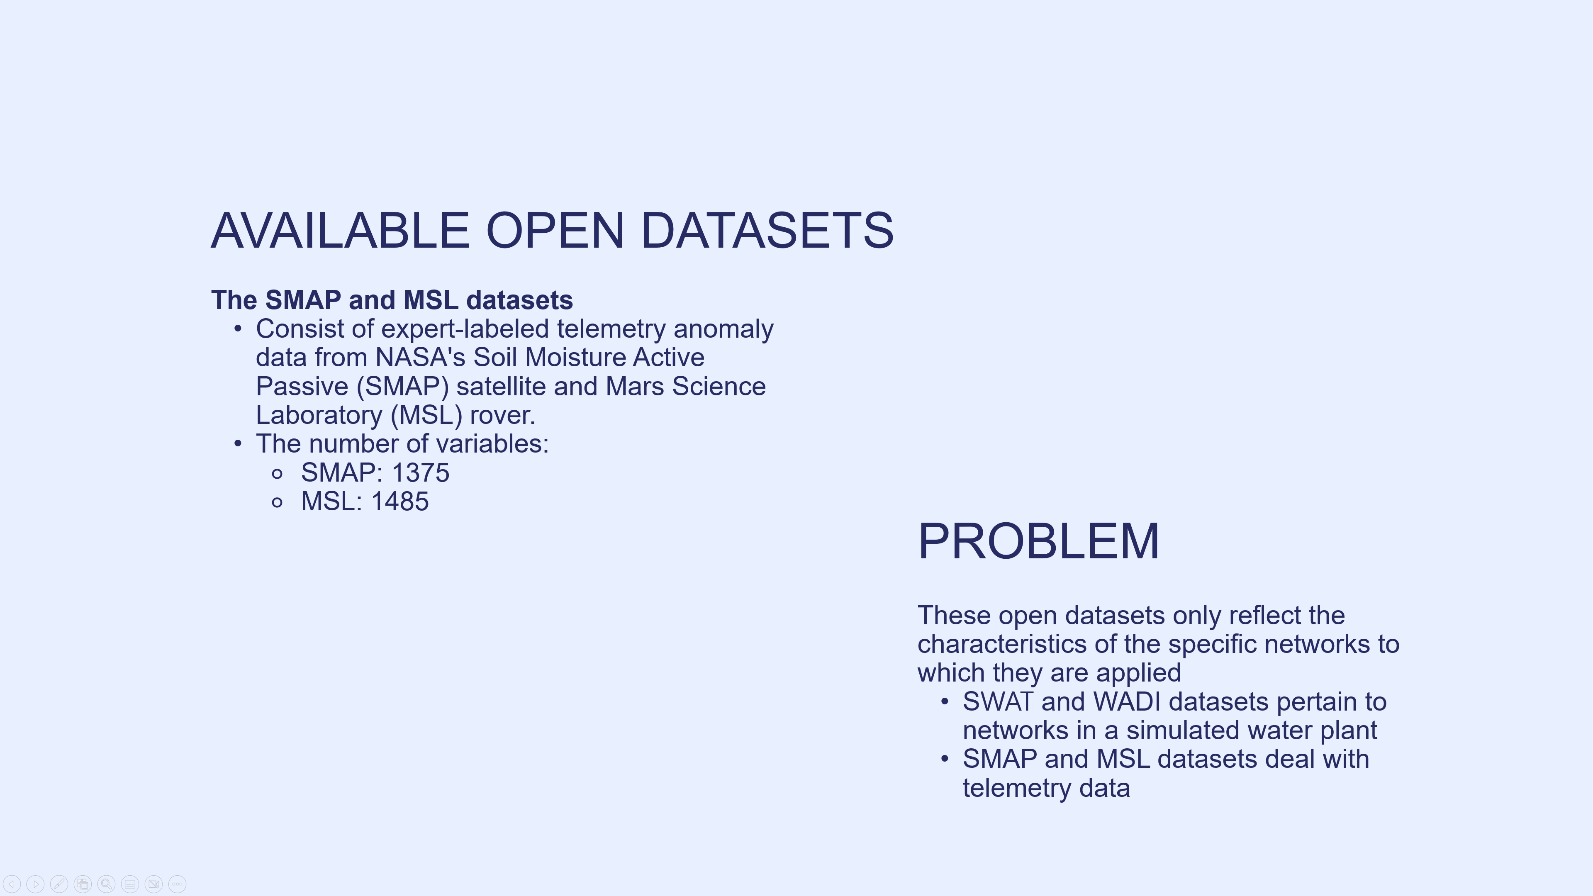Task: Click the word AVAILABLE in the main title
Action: (x=340, y=231)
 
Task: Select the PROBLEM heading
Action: (x=1038, y=542)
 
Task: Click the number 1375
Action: (x=421, y=473)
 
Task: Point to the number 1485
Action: (x=399, y=502)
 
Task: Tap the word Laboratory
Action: (x=319, y=415)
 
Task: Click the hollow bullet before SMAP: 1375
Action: (x=277, y=474)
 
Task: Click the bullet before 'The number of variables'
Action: (x=238, y=444)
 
